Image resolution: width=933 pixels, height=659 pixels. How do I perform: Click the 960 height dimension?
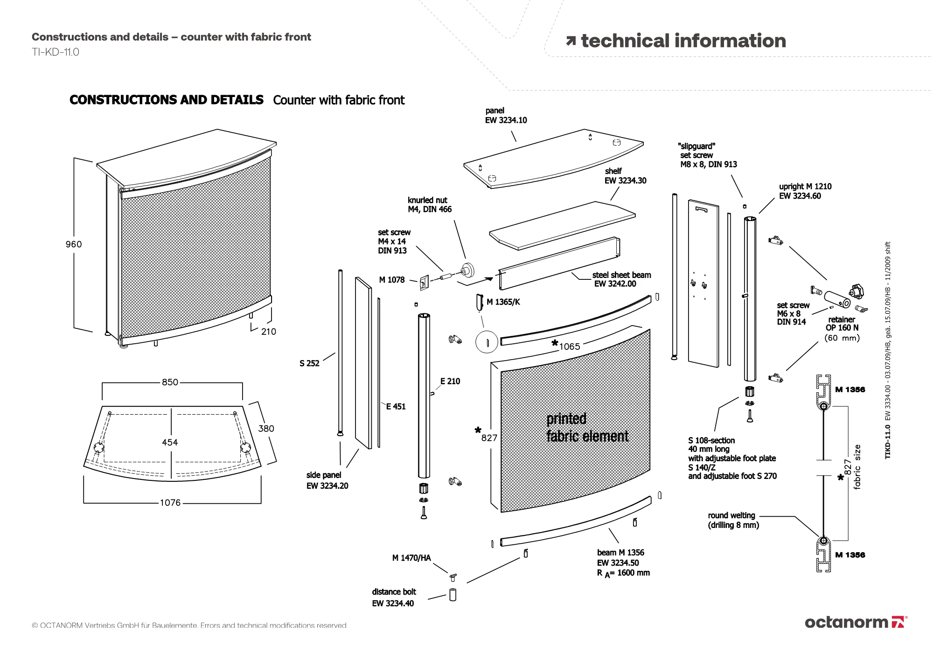[74, 244]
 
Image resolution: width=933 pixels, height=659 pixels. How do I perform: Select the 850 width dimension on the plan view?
[170, 382]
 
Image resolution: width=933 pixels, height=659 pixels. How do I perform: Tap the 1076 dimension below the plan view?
[170, 503]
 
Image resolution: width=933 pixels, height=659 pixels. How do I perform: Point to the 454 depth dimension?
[170, 442]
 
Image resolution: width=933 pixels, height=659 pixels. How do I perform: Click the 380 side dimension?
[266, 429]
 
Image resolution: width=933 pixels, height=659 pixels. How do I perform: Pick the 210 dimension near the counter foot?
[268, 332]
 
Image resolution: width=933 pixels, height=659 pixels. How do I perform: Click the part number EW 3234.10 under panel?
[506, 120]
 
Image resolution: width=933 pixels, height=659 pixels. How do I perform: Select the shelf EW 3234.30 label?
[625, 176]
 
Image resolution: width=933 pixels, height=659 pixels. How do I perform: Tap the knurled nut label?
[429, 205]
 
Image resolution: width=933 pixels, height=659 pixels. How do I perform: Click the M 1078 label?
[392, 280]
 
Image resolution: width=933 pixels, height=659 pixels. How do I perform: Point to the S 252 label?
[309, 363]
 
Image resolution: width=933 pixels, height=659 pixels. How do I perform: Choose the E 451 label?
[396, 407]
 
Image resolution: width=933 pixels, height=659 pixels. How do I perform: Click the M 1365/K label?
[503, 302]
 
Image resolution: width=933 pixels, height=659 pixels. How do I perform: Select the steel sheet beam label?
[621, 276]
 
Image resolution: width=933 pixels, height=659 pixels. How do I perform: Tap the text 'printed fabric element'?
[587, 428]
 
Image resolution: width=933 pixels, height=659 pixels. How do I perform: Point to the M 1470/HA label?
[411, 558]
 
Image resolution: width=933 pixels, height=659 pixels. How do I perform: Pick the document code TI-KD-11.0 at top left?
[56, 52]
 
